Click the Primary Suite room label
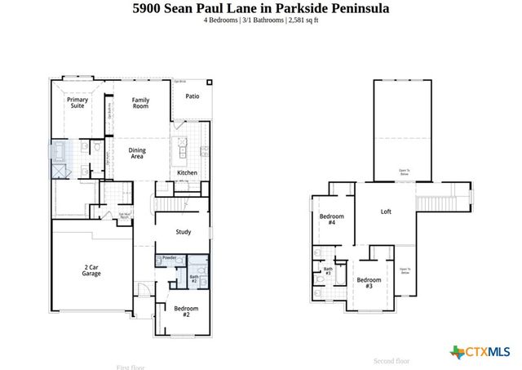[x=77, y=103]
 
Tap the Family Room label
[x=141, y=103]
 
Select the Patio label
[x=192, y=96]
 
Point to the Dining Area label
[x=137, y=153]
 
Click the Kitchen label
[x=187, y=173]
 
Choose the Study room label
[x=184, y=232]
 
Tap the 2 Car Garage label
[x=91, y=271]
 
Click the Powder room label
[x=169, y=258]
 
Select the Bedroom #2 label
[x=186, y=311]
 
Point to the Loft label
[x=386, y=212]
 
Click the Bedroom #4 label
[x=332, y=220]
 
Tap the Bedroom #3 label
[x=369, y=283]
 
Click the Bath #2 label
[x=194, y=279]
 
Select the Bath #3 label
[x=328, y=270]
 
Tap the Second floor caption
[x=391, y=360]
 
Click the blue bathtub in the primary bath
[x=59, y=152]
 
